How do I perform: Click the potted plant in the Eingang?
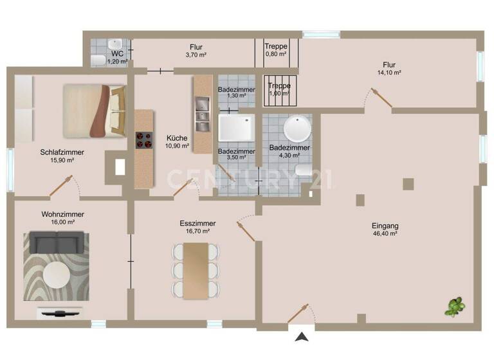coord(455,307)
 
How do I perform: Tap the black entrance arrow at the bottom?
coord(302,336)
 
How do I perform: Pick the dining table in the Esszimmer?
coord(197,270)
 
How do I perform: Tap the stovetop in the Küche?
coord(143,140)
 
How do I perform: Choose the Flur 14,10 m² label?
coord(389,69)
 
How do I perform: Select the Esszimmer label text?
coord(197,223)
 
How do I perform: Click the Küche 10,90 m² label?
coord(177,141)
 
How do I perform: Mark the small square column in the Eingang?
coord(408,184)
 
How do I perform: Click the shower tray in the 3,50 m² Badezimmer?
coord(237,128)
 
